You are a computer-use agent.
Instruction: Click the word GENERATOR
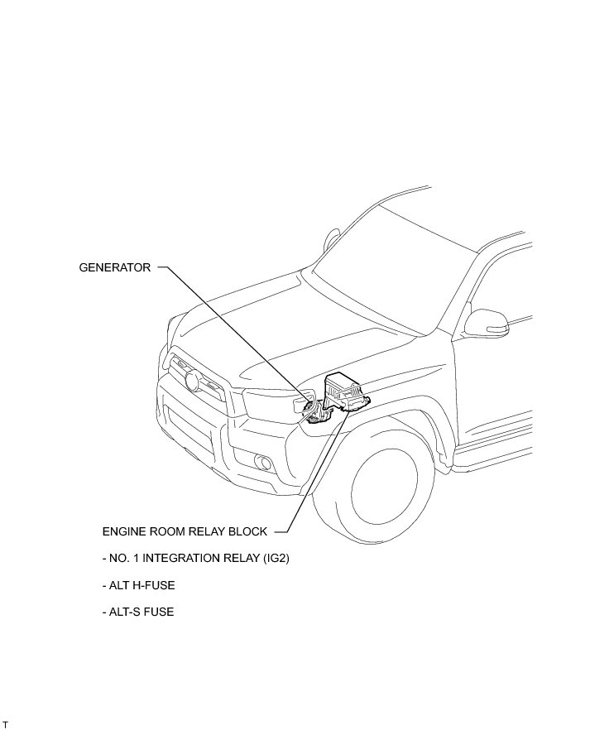pos(115,268)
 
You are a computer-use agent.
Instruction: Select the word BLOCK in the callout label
pos(247,531)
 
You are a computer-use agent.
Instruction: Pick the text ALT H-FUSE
pos(138,585)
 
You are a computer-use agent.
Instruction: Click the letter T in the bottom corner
pos(5,724)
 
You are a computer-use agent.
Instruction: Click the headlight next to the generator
pos(269,405)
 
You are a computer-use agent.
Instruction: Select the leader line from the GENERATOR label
pos(232,331)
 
